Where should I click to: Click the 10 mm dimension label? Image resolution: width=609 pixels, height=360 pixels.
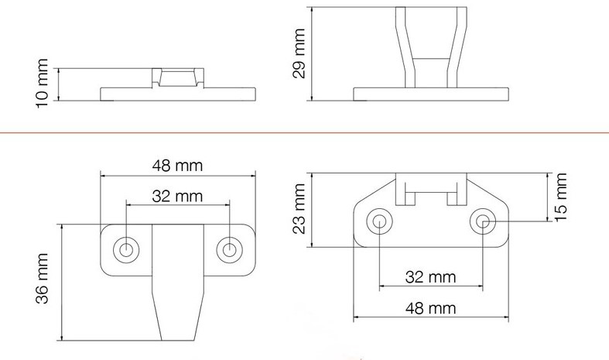pyautogui.click(x=42, y=83)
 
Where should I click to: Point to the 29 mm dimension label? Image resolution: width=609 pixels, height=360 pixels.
pyautogui.click(x=299, y=53)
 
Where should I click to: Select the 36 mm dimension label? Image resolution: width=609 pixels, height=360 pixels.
pyautogui.click(x=42, y=279)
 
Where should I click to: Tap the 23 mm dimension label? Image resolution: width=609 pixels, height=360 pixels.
pyautogui.click(x=299, y=209)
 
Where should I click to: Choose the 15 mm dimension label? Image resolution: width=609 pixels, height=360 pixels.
pyautogui.click(x=560, y=197)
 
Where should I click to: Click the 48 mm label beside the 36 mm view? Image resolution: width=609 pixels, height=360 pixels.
pyautogui.click(x=177, y=166)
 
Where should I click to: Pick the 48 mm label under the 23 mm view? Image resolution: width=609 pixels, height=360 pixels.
pyautogui.click(x=430, y=308)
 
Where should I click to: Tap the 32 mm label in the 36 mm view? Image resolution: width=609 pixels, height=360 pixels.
pyautogui.click(x=177, y=196)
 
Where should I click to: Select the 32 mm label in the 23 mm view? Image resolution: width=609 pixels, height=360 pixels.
pyautogui.click(x=430, y=277)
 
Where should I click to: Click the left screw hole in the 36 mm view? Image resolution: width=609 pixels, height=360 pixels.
pyautogui.click(x=126, y=249)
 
